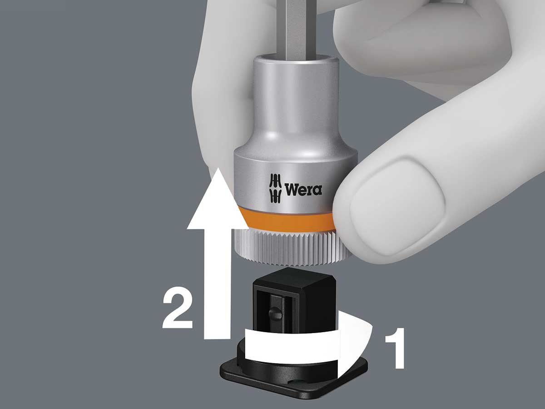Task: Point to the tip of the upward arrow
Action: (x=218, y=168)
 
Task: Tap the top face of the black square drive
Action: (x=294, y=276)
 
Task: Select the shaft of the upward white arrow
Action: (x=218, y=283)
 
